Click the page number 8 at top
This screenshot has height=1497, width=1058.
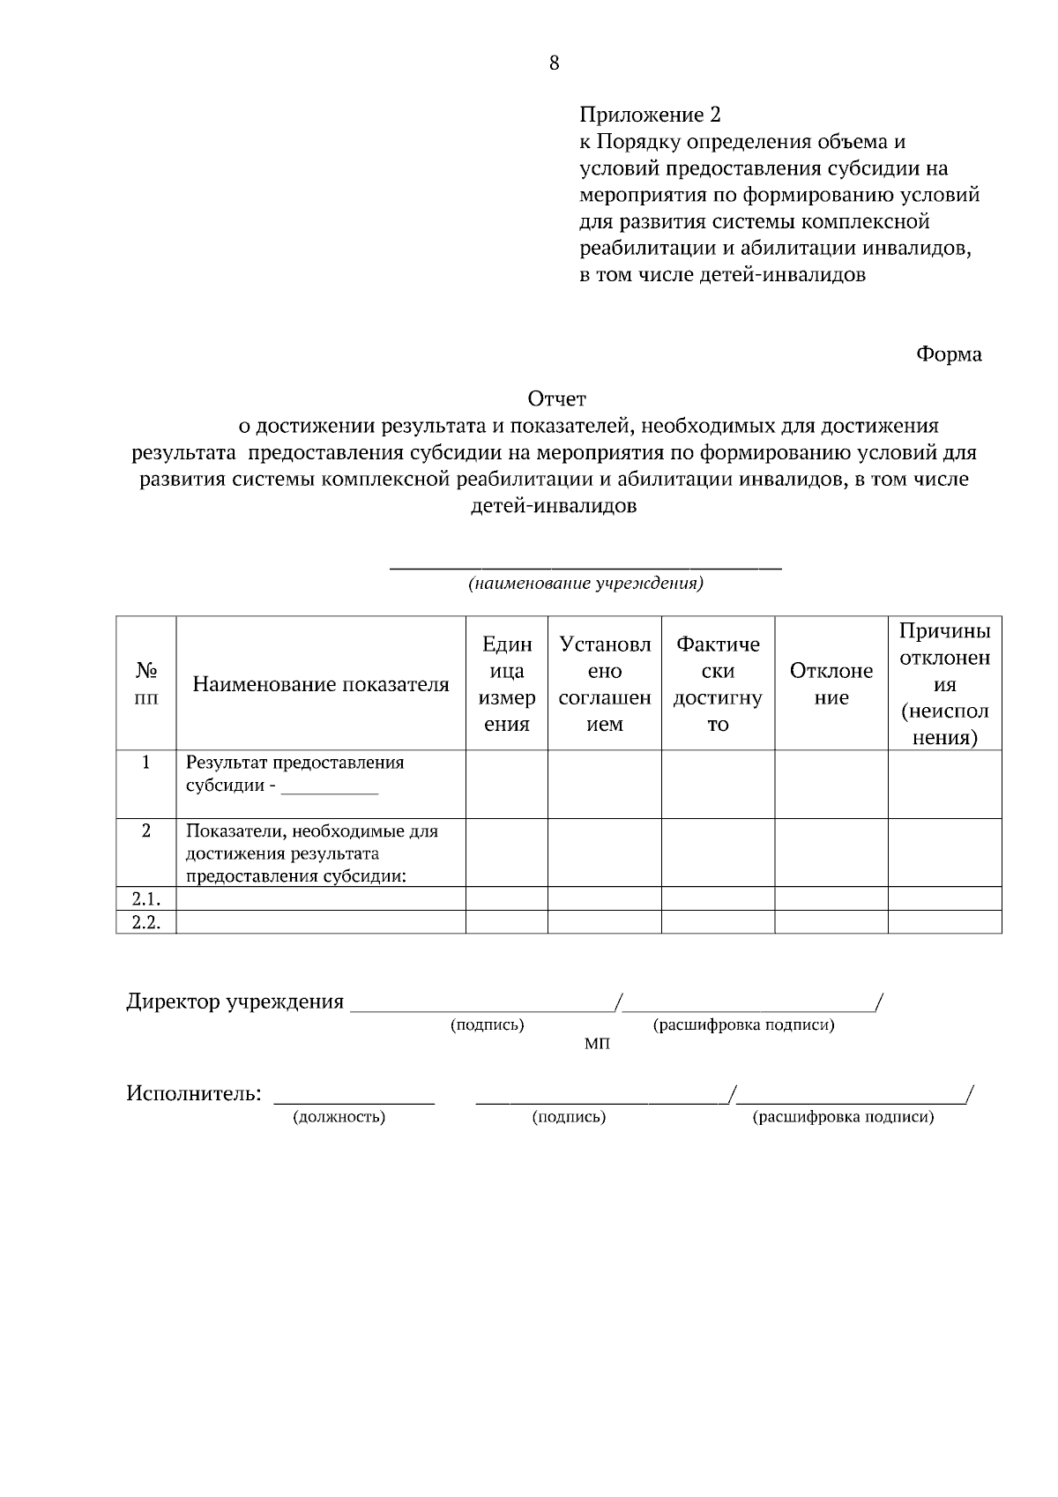(554, 63)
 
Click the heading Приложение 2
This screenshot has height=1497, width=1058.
(650, 115)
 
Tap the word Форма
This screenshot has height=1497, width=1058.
(949, 354)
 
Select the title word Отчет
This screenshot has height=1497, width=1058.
(556, 400)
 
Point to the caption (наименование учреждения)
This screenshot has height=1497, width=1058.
(585, 584)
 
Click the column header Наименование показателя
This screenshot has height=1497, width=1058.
(321, 684)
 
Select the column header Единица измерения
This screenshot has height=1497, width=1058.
(507, 684)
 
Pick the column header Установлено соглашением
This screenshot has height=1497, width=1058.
(605, 684)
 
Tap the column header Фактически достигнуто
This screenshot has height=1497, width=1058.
(718, 684)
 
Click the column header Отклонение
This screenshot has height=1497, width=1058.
(831, 684)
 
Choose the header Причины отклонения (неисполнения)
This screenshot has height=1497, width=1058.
(944, 684)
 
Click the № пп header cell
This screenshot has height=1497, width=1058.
(146, 684)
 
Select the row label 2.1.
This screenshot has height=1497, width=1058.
(146, 898)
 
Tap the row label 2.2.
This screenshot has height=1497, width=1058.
(146, 922)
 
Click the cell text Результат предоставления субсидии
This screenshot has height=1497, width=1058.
(294, 773)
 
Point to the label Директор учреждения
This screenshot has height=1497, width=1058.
(235, 1002)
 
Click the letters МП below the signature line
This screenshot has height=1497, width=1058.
(597, 1044)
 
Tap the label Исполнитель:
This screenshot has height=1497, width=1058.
(194, 1094)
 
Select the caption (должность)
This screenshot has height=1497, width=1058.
(339, 1117)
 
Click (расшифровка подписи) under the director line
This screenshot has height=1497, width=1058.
(743, 1024)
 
